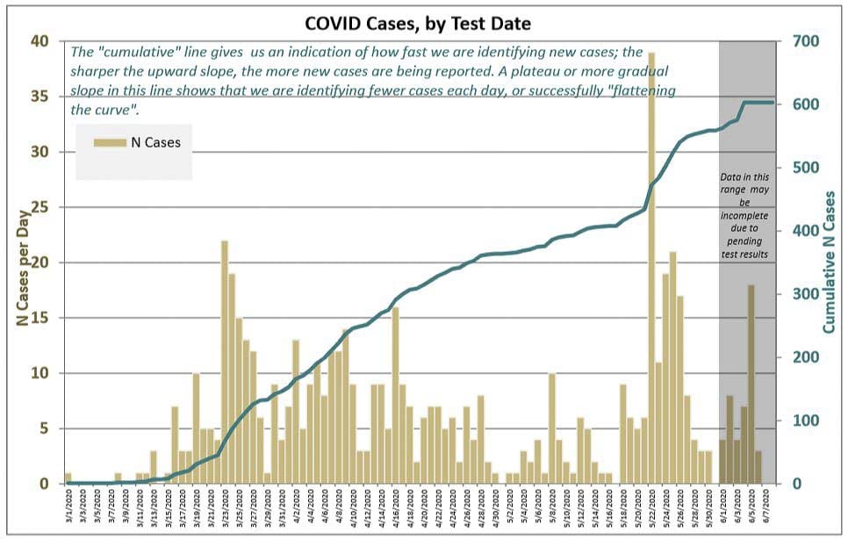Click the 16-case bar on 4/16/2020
(x=395, y=395)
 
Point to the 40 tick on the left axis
(x=42, y=41)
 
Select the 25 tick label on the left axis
(x=42, y=207)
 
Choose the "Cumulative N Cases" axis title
(x=828, y=263)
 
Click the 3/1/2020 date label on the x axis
(x=68, y=509)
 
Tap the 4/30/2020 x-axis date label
(x=495, y=509)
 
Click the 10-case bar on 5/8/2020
(x=552, y=428)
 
